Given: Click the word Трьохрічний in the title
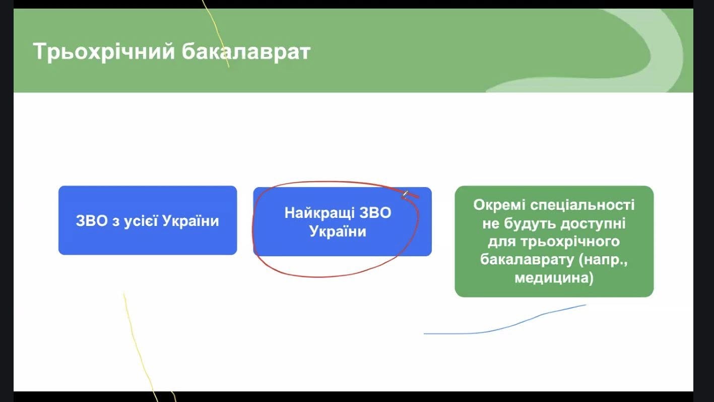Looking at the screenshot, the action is pyautogui.click(x=104, y=51).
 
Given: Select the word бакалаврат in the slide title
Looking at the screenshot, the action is pyautogui.click(x=246, y=51).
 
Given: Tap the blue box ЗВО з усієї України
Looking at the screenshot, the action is pyautogui.click(x=148, y=220).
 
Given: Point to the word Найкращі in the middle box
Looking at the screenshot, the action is pyautogui.click(x=319, y=213).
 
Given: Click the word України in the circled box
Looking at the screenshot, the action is pyautogui.click(x=338, y=231).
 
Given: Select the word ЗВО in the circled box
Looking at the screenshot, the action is pyautogui.click(x=375, y=213).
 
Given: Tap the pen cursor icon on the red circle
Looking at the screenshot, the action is pyautogui.click(x=405, y=194).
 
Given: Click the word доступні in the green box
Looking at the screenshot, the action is pyautogui.click(x=593, y=223).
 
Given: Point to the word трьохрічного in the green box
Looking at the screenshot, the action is pyautogui.click(x=570, y=242).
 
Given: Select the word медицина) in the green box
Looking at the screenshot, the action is pyautogui.click(x=554, y=278).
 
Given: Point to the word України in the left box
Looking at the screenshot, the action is pyautogui.click(x=190, y=220).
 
